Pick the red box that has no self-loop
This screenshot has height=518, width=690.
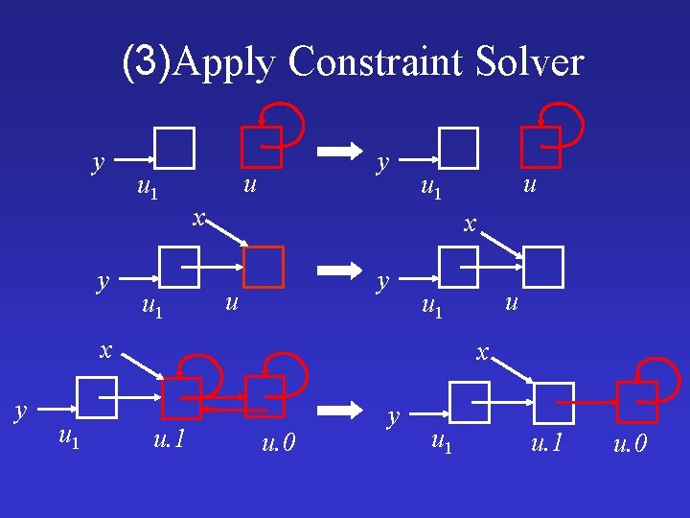pos(264,268)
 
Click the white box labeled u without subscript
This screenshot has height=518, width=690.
pos(543,268)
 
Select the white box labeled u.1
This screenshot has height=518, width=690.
pos(554,403)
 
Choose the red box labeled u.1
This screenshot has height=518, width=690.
pos(181,398)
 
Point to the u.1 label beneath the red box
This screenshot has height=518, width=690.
pos(169,441)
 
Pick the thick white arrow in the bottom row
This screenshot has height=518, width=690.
pos(335,411)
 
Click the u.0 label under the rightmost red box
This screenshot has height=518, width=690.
pos(630,444)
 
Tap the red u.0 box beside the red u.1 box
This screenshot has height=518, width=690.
pos(264,396)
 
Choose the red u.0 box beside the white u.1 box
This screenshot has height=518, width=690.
pos(637,403)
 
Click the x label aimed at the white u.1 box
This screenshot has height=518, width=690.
pos(485,353)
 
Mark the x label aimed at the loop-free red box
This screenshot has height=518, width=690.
pos(197,217)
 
